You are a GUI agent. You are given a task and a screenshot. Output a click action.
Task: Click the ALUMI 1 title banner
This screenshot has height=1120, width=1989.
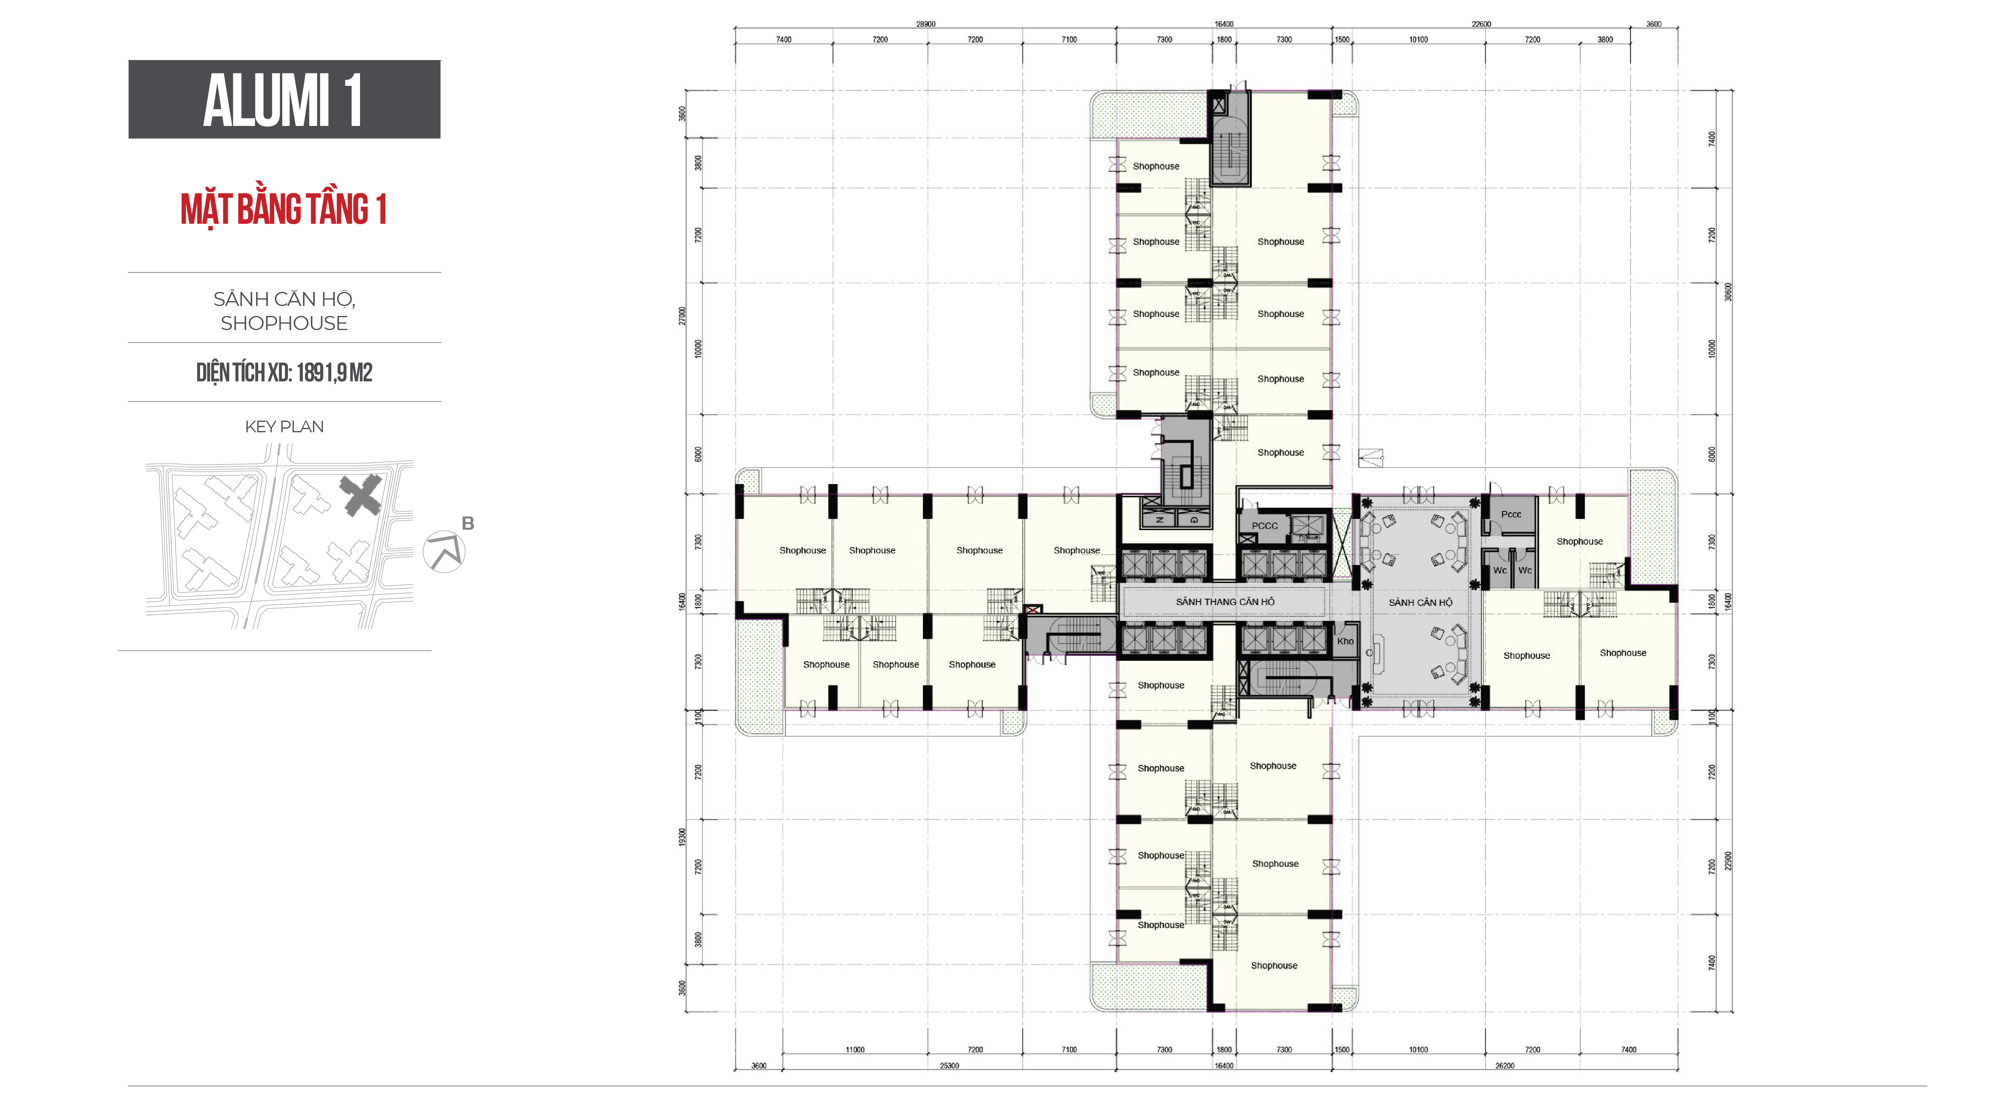click(284, 99)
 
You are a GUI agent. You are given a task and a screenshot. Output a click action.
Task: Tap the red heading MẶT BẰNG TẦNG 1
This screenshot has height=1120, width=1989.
click(283, 209)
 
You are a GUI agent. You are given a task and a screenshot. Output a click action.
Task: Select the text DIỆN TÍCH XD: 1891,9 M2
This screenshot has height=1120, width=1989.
click(284, 373)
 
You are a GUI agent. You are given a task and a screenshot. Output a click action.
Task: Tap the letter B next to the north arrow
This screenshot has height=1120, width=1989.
click(468, 524)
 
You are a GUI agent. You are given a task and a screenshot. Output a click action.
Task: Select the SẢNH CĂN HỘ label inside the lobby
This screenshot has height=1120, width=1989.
click(1420, 602)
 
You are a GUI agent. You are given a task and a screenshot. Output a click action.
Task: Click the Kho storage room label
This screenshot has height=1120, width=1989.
click(1345, 641)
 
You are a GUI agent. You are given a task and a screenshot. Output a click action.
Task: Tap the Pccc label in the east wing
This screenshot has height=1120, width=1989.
click(1511, 514)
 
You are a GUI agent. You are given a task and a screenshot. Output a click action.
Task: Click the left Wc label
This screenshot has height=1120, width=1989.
click(1499, 571)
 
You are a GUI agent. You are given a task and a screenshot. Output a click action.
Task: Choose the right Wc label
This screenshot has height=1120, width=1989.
click(1525, 571)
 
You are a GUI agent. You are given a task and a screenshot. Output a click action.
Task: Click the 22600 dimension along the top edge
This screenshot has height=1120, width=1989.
click(1481, 24)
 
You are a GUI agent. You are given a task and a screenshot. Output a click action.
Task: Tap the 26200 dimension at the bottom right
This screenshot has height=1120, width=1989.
click(1504, 1066)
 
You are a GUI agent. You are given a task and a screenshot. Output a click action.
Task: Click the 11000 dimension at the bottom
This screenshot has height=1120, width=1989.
click(855, 1050)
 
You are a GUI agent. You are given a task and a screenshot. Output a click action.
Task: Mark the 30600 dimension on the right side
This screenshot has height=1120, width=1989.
click(1728, 292)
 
